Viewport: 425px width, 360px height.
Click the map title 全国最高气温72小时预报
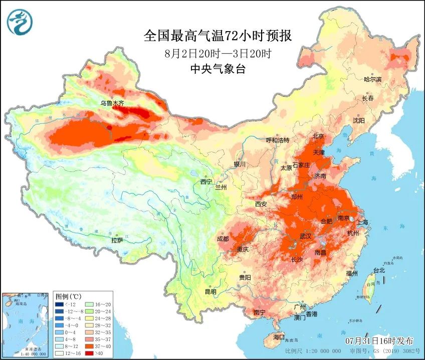217,36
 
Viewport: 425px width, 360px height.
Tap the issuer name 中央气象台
218,69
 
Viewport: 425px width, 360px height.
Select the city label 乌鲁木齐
111,103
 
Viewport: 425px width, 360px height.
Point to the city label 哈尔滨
372,80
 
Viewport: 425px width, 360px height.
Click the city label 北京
318,136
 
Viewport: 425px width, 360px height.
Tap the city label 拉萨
117,240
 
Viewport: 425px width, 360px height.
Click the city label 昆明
210,291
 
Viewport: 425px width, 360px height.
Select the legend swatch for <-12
60,304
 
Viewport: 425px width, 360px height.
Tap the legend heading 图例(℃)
65,296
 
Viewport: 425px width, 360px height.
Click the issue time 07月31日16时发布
381,340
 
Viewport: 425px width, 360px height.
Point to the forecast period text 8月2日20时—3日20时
218,53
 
